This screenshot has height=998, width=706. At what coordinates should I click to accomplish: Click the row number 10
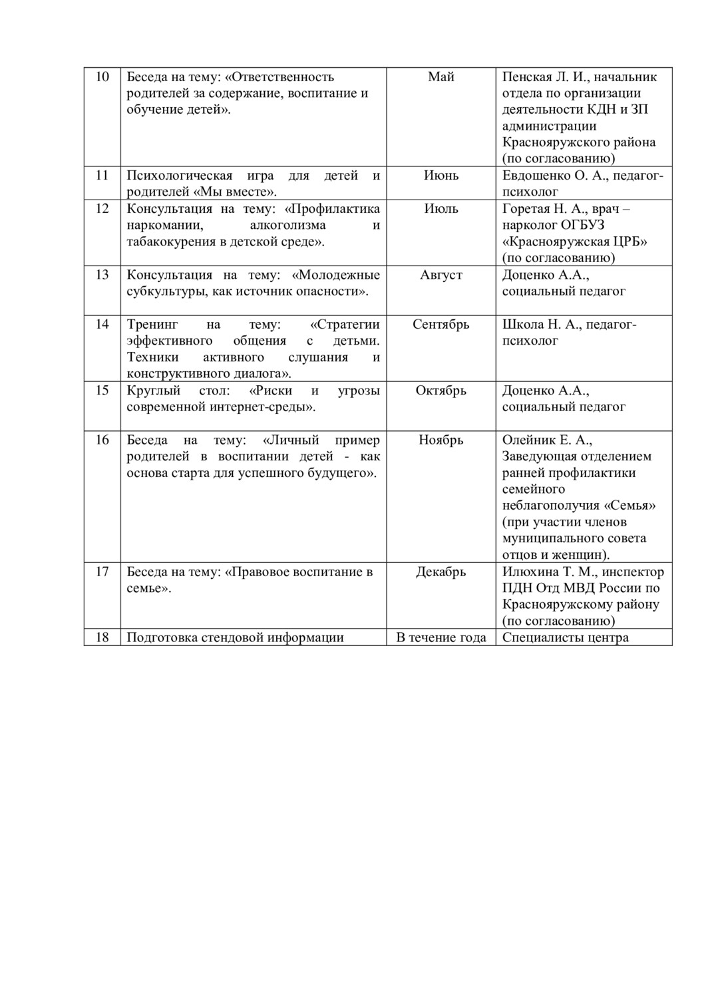point(102,77)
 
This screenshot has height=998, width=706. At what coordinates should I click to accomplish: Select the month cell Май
point(441,77)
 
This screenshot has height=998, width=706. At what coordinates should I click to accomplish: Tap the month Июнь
point(441,176)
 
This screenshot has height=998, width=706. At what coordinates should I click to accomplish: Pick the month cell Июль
point(441,209)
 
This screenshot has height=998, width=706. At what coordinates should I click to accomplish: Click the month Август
point(441,275)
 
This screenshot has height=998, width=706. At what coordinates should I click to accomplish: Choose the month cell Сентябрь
point(441,325)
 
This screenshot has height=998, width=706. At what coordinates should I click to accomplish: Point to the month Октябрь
point(441,391)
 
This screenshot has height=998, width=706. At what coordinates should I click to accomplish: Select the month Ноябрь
point(441,440)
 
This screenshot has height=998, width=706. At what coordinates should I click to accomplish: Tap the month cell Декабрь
point(441,572)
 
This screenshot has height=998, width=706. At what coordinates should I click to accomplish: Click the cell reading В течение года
point(441,638)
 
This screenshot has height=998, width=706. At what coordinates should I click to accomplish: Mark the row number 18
point(102,638)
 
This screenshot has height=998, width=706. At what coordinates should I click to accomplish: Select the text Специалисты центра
point(565,638)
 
